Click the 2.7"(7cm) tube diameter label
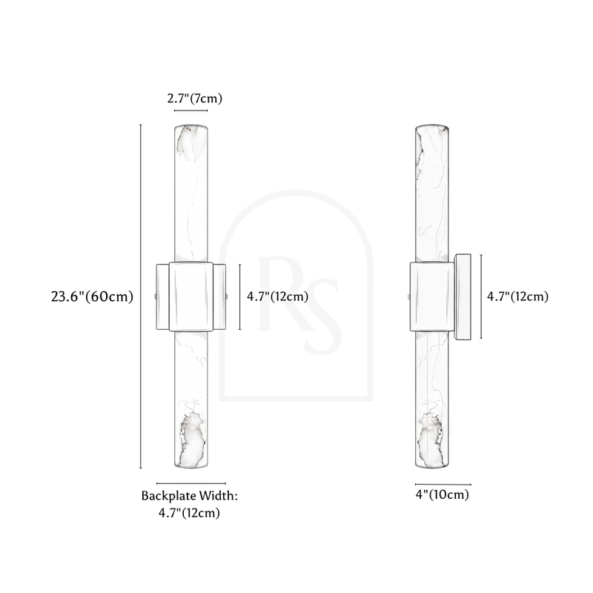(x=195, y=99)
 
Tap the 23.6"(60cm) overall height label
(x=92, y=296)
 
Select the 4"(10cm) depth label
(x=442, y=494)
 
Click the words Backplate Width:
(x=190, y=495)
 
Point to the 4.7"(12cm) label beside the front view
(x=277, y=296)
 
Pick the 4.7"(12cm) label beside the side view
(x=517, y=296)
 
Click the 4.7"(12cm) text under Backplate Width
(x=189, y=513)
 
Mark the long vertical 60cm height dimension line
(x=141, y=296)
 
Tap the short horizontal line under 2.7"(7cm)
(x=191, y=110)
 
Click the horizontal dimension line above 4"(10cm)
(x=443, y=484)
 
